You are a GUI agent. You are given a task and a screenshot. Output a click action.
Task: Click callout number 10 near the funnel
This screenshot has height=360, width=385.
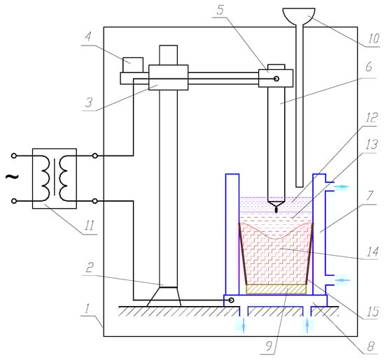coord(374,39)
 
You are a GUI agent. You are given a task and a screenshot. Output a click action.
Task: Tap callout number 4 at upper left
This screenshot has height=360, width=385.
coord(88,37)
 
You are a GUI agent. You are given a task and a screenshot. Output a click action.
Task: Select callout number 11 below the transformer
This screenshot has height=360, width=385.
coord(90,226)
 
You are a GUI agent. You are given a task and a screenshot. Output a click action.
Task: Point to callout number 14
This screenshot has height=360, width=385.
coord(372,252)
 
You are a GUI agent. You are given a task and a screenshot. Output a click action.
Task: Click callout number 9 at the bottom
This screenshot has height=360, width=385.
coord(269,346)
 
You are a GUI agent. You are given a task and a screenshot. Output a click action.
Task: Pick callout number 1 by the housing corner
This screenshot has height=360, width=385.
coord(87,309)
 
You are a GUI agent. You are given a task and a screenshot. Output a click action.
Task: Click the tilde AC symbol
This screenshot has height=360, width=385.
coord(12,176)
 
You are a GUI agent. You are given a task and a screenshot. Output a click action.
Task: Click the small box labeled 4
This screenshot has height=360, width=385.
coord(133,65)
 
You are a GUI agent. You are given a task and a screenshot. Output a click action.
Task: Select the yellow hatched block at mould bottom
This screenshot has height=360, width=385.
coord(276,289)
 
